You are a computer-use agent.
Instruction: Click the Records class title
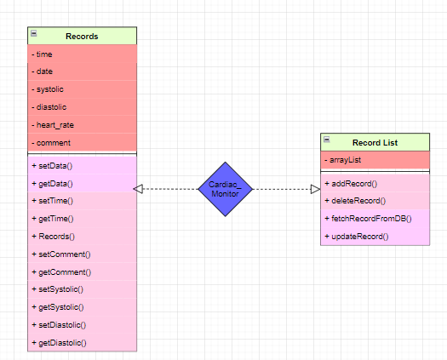82,37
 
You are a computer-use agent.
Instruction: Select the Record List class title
375,142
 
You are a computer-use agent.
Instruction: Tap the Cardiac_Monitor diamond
226,189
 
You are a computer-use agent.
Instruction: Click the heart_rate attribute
54,125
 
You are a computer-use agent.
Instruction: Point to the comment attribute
53,143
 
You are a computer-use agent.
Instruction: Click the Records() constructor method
53,237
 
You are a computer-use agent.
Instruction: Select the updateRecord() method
358,236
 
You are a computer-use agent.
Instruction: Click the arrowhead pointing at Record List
314,189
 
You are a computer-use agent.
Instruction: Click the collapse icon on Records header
33,33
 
